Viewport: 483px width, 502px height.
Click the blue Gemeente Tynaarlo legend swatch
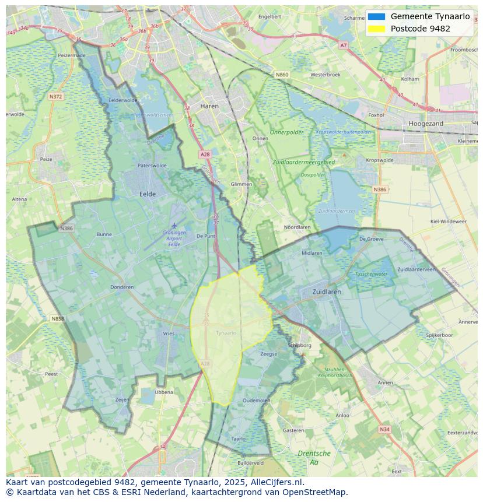click(x=376, y=16)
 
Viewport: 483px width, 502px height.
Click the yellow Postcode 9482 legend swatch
click(x=376, y=29)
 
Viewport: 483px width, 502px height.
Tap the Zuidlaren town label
click(x=326, y=292)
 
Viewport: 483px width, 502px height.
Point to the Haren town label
click(x=209, y=106)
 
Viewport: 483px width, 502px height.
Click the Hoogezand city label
click(x=426, y=124)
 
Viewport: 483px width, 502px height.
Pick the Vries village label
click(x=169, y=334)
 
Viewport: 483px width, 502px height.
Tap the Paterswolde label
click(x=152, y=166)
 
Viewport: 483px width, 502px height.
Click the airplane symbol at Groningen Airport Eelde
click(x=174, y=226)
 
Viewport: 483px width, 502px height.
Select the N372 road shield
click(x=55, y=96)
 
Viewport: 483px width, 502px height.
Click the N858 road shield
click(x=57, y=319)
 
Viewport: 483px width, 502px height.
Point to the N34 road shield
click(x=384, y=429)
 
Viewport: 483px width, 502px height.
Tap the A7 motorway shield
click(x=343, y=45)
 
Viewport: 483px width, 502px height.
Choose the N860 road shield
click(x=282, y=75)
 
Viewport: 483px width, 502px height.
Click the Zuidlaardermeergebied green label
click(x=303, y=162)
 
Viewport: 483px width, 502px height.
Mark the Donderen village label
click(x=122, y=287)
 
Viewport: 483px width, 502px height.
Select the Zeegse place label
click(x=268, y=354)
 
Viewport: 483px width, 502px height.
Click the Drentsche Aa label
click(x=314, y=458)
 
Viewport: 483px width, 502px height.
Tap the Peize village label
click(x=45, y=159)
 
